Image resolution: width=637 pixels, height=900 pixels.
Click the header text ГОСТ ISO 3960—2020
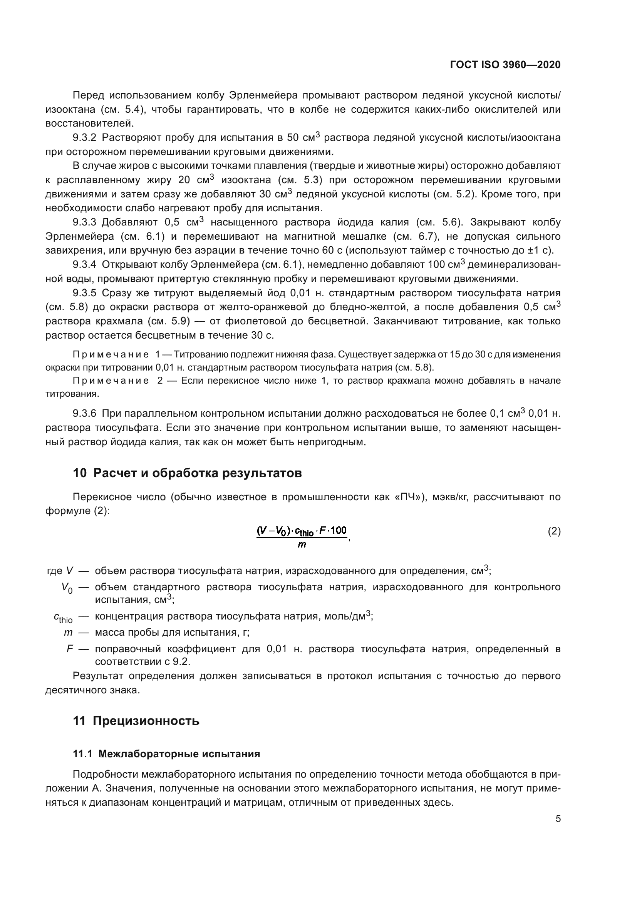(x=505, y=65)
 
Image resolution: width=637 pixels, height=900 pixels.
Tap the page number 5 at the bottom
(x=558, y=818)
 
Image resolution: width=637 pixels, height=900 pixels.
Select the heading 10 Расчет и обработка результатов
(x=187, y=473)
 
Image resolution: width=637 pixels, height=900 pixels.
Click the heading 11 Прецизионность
(x=136, y=721)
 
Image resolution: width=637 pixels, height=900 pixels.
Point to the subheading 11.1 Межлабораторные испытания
(x=167, y=754)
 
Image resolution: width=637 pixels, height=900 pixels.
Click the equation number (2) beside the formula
(x=554, y=531)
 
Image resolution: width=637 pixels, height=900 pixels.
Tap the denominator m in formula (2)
(x=302, y=544)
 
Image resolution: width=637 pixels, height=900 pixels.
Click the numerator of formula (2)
(x=302, y=531)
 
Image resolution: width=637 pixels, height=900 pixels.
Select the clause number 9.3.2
(x=84, y=138)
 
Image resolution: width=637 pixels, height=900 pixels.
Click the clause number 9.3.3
(x=84, y=222)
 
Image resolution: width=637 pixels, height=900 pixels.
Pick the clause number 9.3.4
(x=84, y=265)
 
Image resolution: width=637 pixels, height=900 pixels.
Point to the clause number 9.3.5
(x=84, y=293)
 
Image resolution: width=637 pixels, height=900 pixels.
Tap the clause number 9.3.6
(x=84, y=414)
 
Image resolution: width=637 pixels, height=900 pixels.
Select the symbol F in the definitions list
(x=69, y=649)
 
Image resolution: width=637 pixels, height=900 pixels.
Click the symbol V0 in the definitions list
(x=67, y=588)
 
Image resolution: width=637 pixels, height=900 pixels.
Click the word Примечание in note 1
(x=111, y=355)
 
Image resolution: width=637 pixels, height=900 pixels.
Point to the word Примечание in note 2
(x=111, y=381)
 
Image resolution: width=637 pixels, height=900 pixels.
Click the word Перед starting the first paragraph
(x=88, y=95)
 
